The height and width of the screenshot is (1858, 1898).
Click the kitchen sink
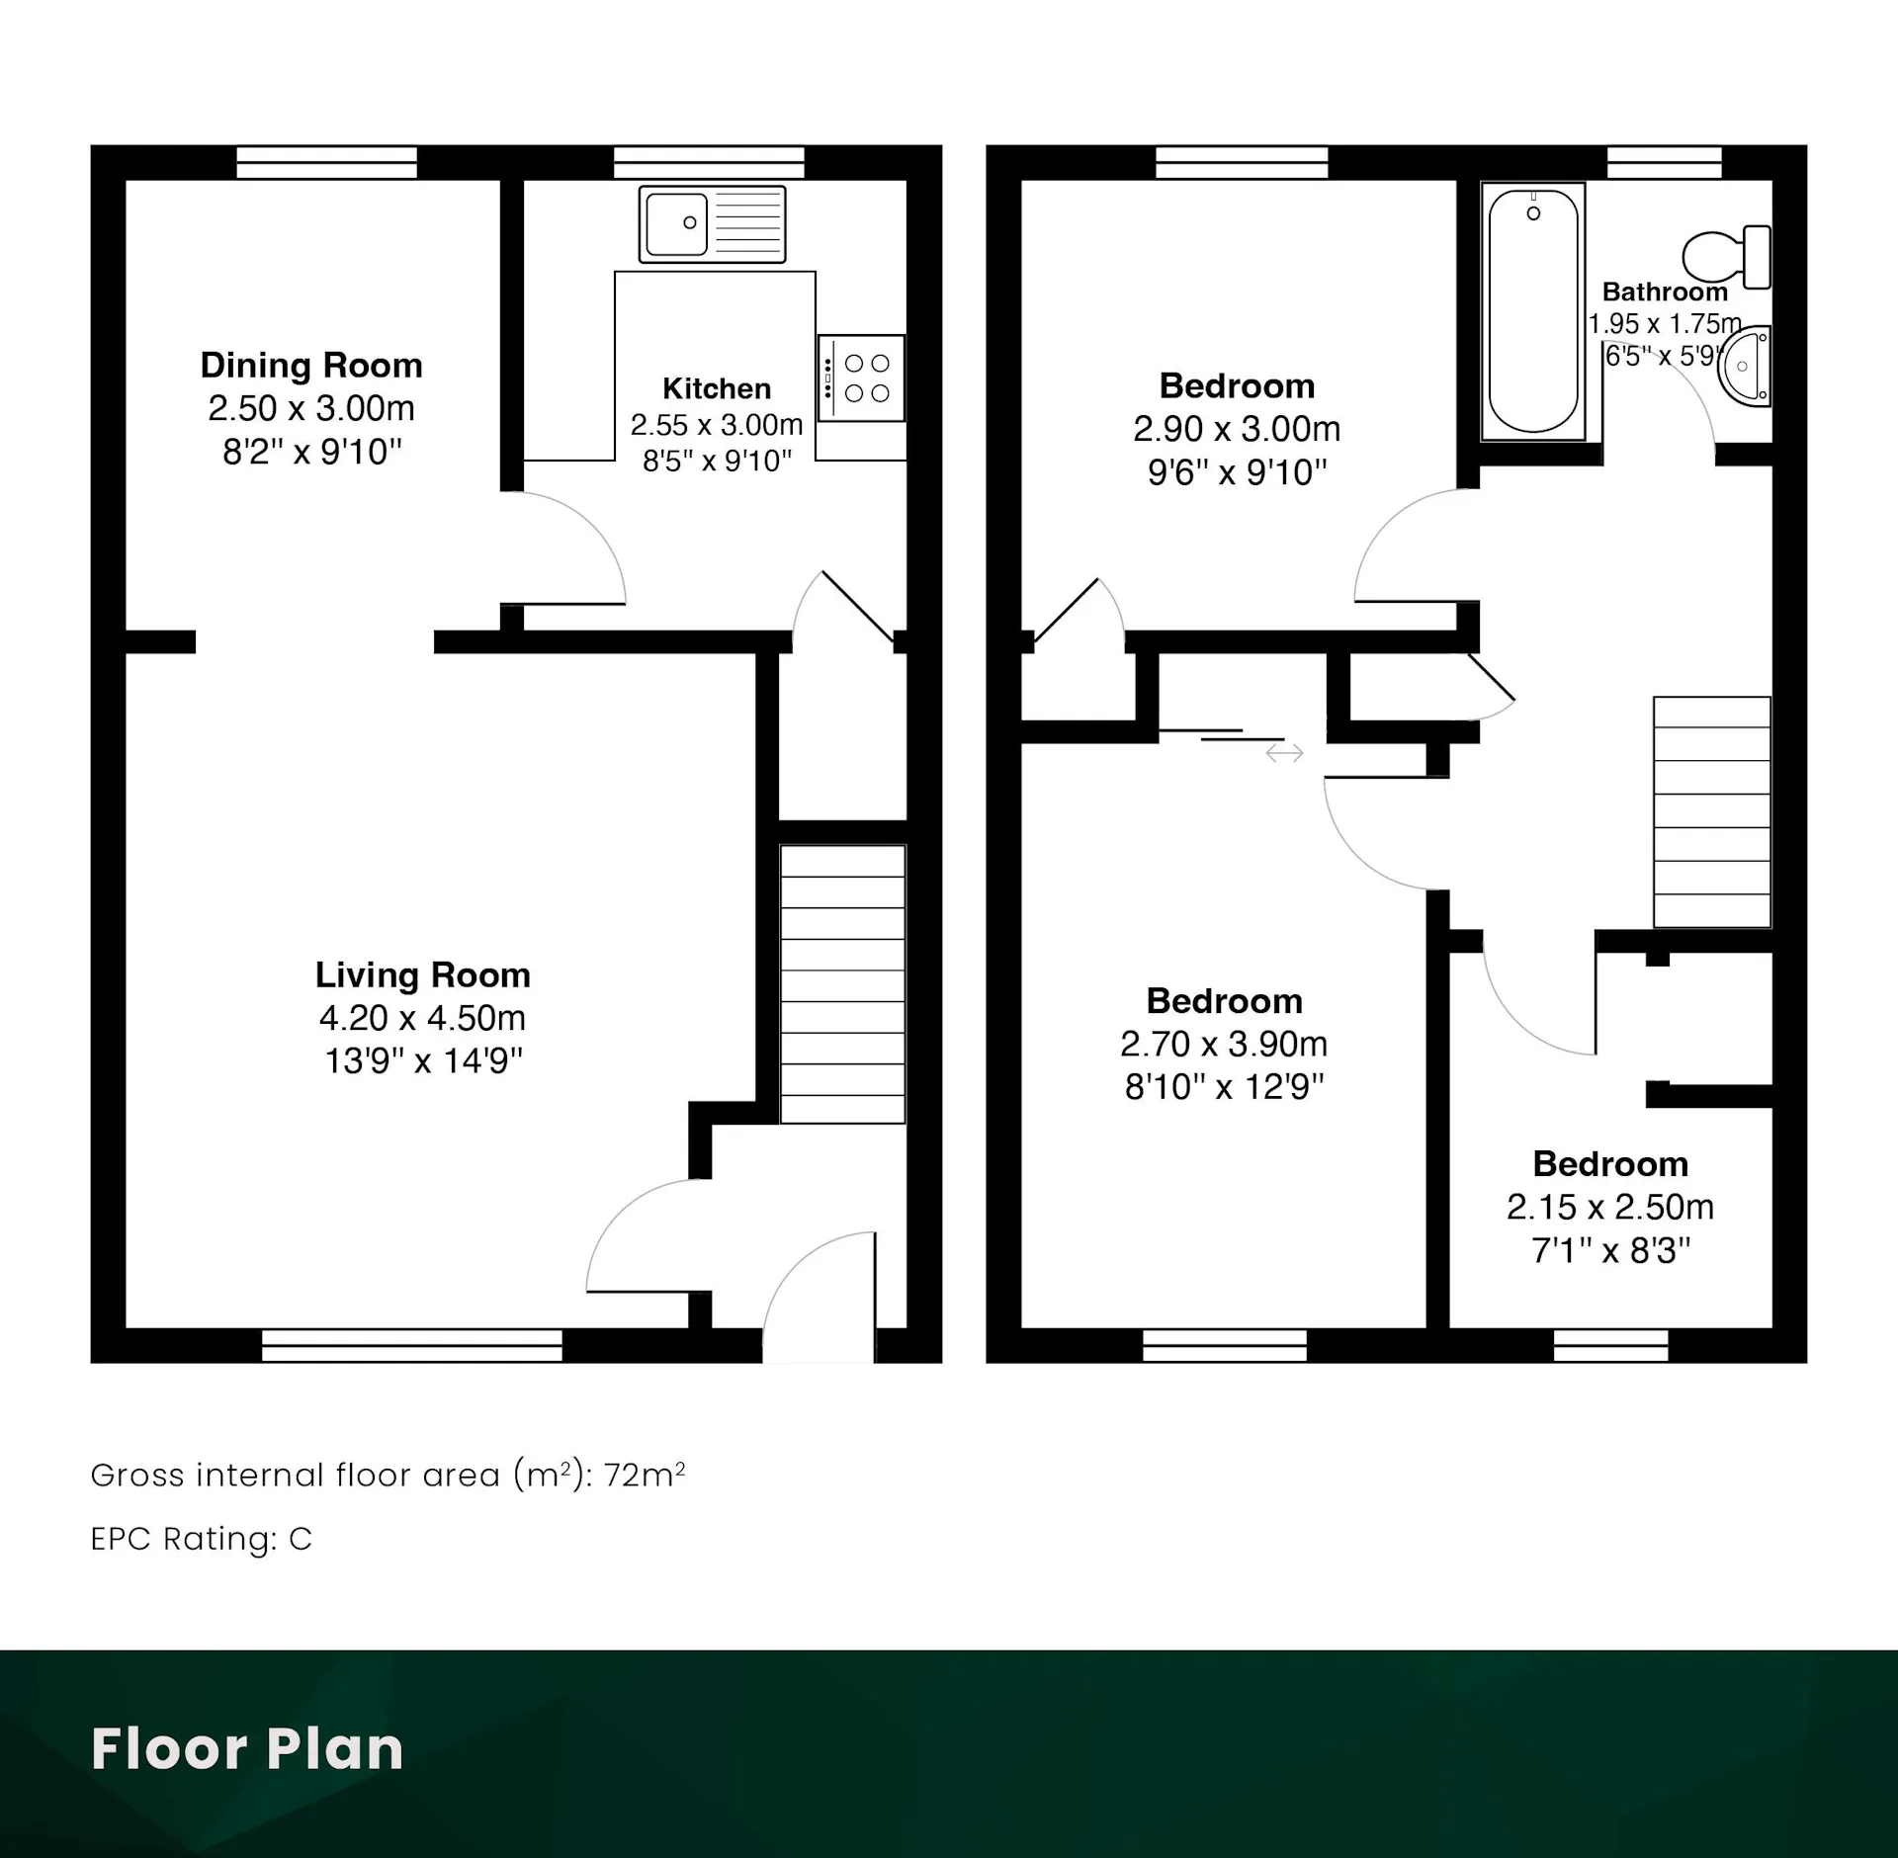pyautogui.click(x=712, y=224)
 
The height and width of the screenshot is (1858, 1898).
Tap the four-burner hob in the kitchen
pyautogui.click(x=861, y=379)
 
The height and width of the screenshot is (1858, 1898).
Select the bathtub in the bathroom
pyautogui.click(x=1533, y=311)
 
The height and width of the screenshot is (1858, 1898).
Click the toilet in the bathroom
pyautogui.click(x=1726, y=257)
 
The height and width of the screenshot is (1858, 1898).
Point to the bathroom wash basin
pyautogui.click(x=1745, y=366)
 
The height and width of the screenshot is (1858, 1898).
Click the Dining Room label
pyautogui.click(x=311, y=366)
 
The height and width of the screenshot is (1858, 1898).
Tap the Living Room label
pyautogui.click(x=423, y=975)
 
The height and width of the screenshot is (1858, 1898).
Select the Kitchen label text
pyautogui.click(x=717, y=388)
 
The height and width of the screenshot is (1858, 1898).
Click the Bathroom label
pyautogui.click(x=1665, y=292)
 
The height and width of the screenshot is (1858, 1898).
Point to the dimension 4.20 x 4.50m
pyautogui.click(x=422, y=1018)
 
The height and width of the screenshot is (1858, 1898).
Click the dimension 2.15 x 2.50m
pyautogui.click(x=1610, y=1207)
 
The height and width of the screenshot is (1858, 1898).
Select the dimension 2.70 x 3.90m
pyautogui.click(x=1224, y=1044)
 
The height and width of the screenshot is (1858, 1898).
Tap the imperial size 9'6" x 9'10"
pyautogui.click(x=1237, y=472)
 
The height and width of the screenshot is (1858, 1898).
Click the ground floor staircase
pyautogui.click(x=843, y=984)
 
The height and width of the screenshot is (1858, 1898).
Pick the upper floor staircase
pyautogui.click(x=1712, y=812)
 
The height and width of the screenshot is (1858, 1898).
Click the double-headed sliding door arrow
pyautogui.click(x=1284, y=753)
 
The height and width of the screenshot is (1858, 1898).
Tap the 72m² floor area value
pyautogui.click(x=645, y=1475)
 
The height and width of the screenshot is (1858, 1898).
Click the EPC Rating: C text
pyautogui.click(x=202, y=1539)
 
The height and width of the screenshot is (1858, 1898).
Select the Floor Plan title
pyautogui.click(x=247, y=1748)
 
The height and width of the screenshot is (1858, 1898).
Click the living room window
pyautogui.click(x=412, y=1345)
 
